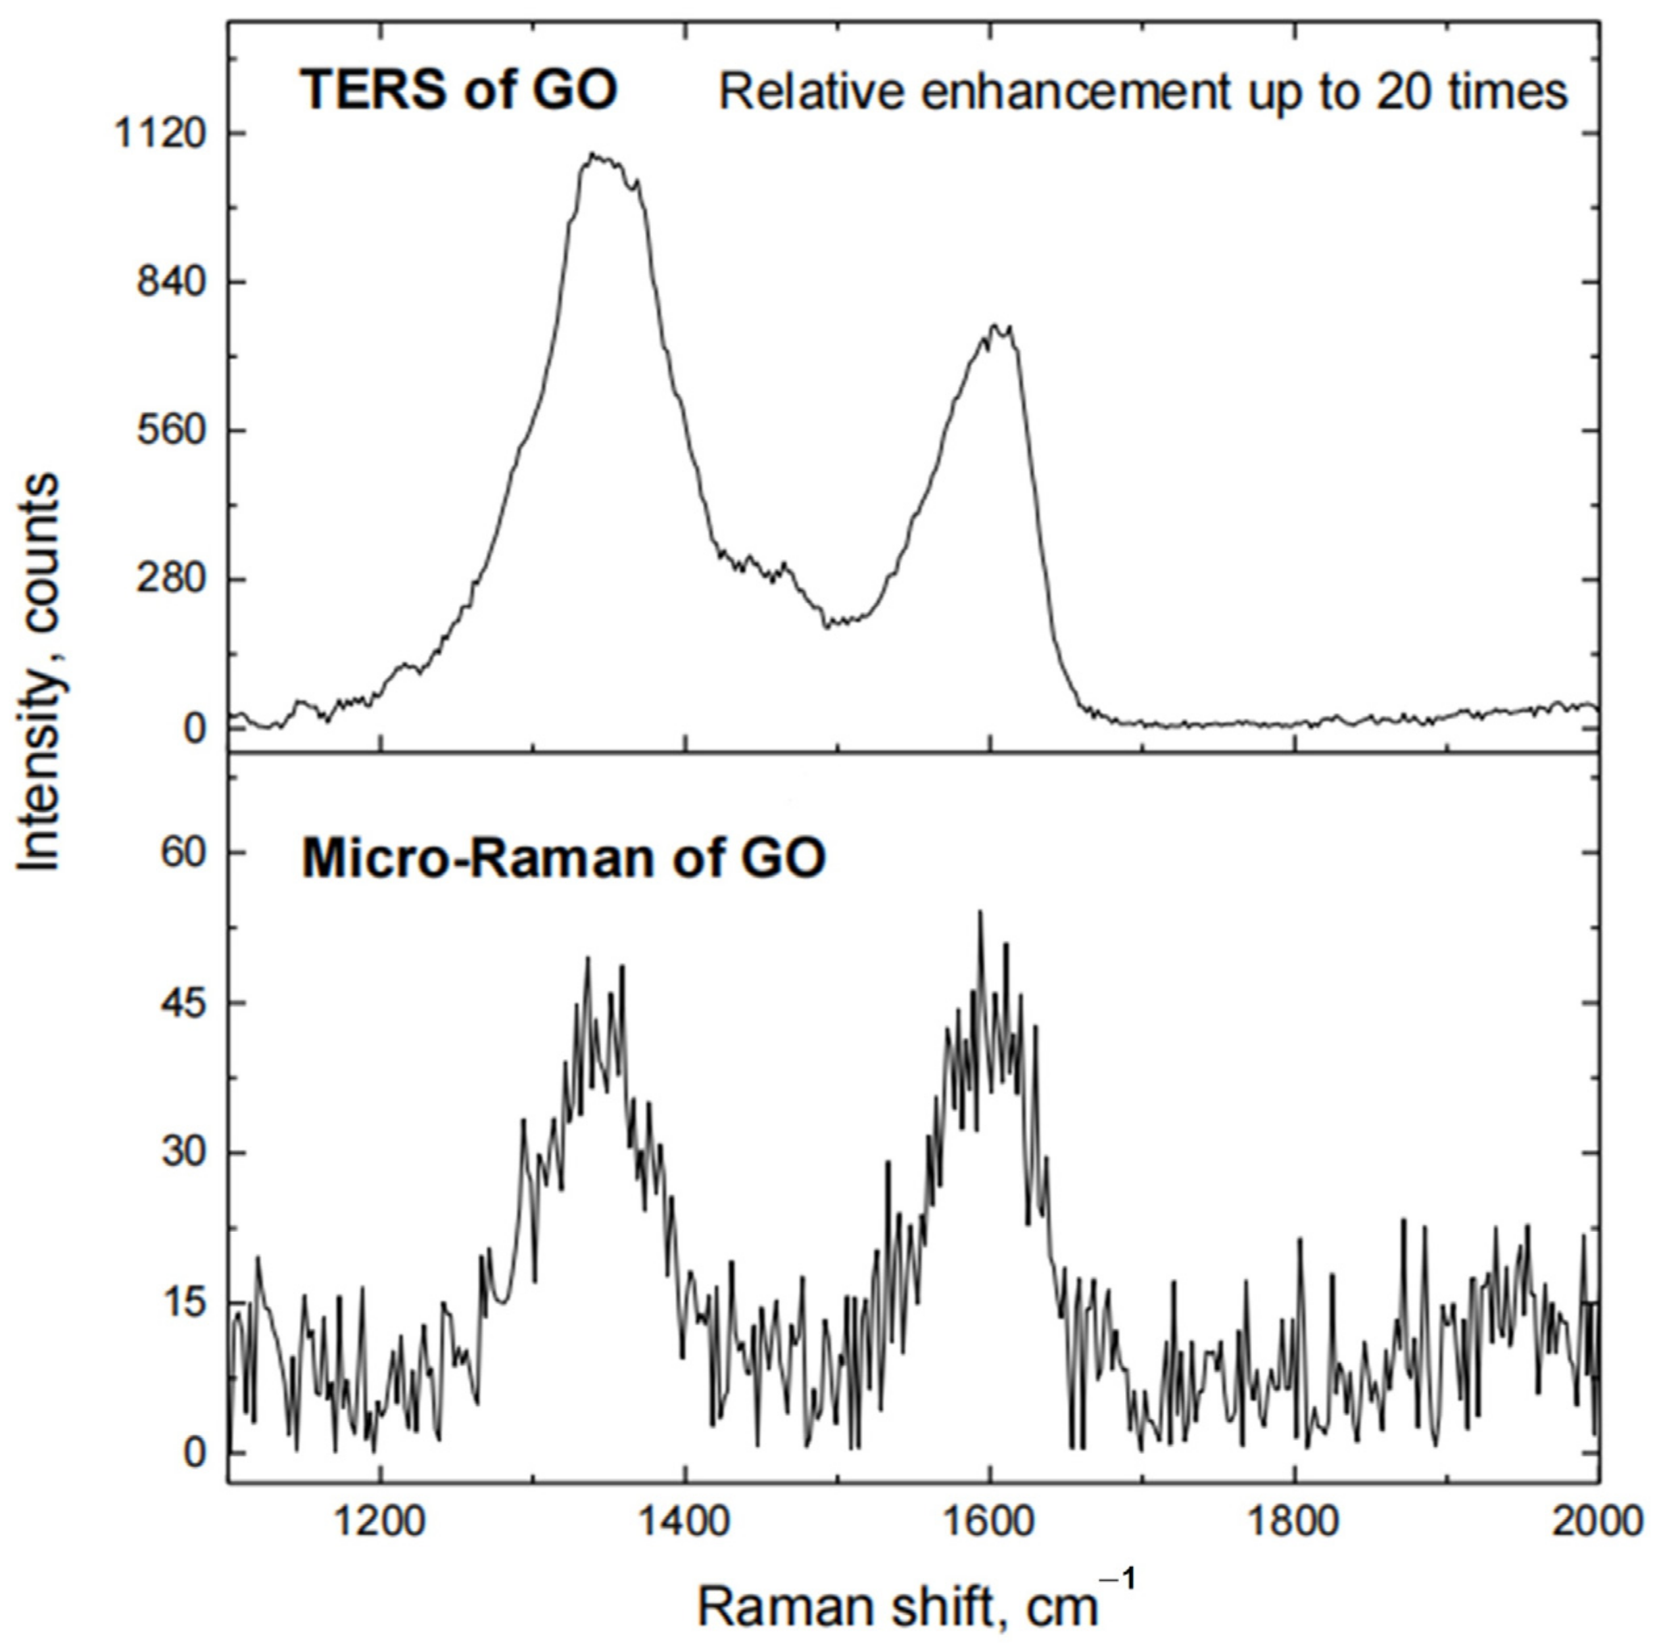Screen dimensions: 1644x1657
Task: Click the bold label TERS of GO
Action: [x=458, y=89]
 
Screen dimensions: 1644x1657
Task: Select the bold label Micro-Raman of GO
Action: [x=563, y=858]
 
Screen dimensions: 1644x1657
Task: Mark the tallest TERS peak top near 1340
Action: [x=592, y=155]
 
